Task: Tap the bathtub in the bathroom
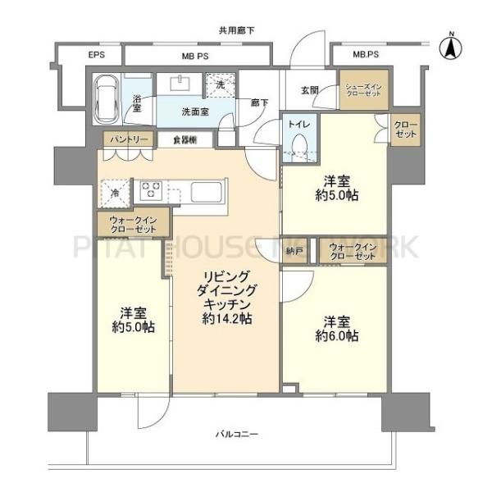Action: click(107, 100)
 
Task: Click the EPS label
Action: click(96, 55)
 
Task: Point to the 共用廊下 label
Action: click(236, 30)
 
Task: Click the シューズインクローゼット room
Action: click(364, 89)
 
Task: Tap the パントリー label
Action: click(129, 139)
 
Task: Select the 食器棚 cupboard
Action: click(185, 140)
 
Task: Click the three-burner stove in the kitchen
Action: click(152, 190)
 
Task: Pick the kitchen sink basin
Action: click(206, 192)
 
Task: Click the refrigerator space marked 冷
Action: click(115, 193)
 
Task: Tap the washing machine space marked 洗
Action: click(221, 84)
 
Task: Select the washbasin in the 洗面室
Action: click(180, 83)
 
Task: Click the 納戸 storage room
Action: click(294, 251)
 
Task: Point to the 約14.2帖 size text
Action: click(227, 319)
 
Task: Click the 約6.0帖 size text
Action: click(337, 336)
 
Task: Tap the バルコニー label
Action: click(237, 435)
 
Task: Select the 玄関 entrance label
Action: click(310, 90)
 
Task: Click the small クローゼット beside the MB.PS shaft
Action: click(405, 130)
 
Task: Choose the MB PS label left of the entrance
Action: click(195, 56)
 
